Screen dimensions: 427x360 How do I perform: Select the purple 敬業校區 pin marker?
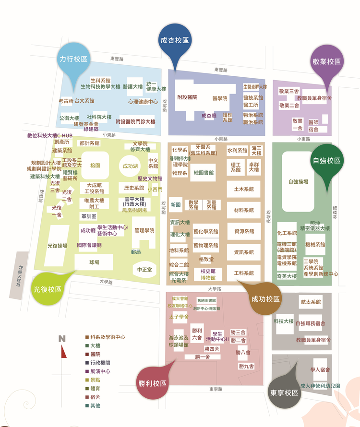pyautogui.click(x=326, y=62)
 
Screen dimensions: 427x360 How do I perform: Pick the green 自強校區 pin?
pyautogui.click(x=326, y=161)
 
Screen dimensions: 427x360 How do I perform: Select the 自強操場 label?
pyautogui.click(x=298, y=182)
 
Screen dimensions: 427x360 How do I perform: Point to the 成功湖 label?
pyautogui.click(x=130, y=166)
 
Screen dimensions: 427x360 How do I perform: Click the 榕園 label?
pyautogui.click(x=95, y=166)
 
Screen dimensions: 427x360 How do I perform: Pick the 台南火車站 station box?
pyautogui.click(x=20, y=275)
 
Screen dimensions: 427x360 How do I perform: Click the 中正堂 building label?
pyautogui.click(x=144, y=270)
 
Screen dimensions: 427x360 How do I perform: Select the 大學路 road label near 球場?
pyautogui.click(x=106, y=282)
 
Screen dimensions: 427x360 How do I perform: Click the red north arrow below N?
pyautogui.click(x=62, y=352)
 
